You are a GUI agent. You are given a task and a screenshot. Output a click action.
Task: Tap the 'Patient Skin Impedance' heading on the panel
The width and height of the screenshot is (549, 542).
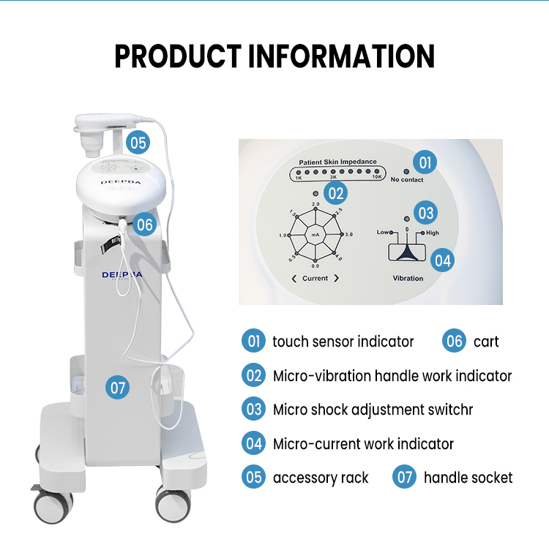(x=337, y=162)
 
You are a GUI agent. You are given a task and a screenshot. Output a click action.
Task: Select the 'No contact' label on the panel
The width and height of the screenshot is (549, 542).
(x=406, y=179)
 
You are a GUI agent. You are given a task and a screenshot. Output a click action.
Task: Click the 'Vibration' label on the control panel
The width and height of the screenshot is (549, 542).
(x=408, y=278)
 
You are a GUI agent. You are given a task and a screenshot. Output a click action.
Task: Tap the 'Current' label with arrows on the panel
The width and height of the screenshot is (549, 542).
(x=315, y=278)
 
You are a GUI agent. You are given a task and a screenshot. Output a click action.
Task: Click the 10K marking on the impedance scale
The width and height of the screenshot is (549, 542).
(x=377, y=178)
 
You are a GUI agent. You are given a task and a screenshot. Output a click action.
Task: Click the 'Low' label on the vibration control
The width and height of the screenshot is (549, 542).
(x=383, y=232)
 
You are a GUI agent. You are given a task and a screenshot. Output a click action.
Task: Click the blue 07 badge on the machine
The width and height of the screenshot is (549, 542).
(x=117, y=387)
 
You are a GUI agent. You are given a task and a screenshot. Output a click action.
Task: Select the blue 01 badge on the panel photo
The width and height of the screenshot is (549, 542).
(x=425, y=161)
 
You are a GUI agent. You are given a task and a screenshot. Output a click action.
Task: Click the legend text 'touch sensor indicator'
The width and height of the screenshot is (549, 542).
(x=343, y=342)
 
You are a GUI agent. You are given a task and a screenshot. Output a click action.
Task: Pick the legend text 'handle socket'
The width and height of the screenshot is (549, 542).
(x=468, y=478)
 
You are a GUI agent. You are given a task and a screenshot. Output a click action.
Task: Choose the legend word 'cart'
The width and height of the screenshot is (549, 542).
(x=485, y=342)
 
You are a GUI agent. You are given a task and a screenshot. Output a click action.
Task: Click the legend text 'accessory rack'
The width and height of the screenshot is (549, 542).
(x=321, y=478)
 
